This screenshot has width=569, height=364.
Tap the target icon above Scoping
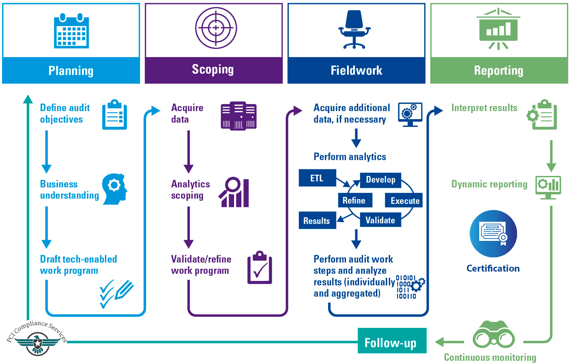coord(216,28)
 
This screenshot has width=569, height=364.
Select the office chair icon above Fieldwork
coord(354,30)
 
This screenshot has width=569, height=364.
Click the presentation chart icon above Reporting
coord(498,29)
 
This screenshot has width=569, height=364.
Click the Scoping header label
coord(213,70)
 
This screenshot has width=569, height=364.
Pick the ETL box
coord(317,178)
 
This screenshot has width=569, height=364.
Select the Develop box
coord(380,180)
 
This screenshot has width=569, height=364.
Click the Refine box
coord(354,200)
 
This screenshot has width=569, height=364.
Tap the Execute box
coord(404,201)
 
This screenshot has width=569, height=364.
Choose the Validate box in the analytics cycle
coord(380,220)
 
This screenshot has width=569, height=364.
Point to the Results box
coord(317,221)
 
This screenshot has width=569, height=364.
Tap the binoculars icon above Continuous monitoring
coord(494,335)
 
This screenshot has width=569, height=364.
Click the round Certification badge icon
coord(493,233)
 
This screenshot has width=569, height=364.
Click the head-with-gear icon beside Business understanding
coord(115,189)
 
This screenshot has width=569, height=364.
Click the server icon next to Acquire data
coord(238,116)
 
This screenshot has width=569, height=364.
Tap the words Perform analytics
coord(350,157)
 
